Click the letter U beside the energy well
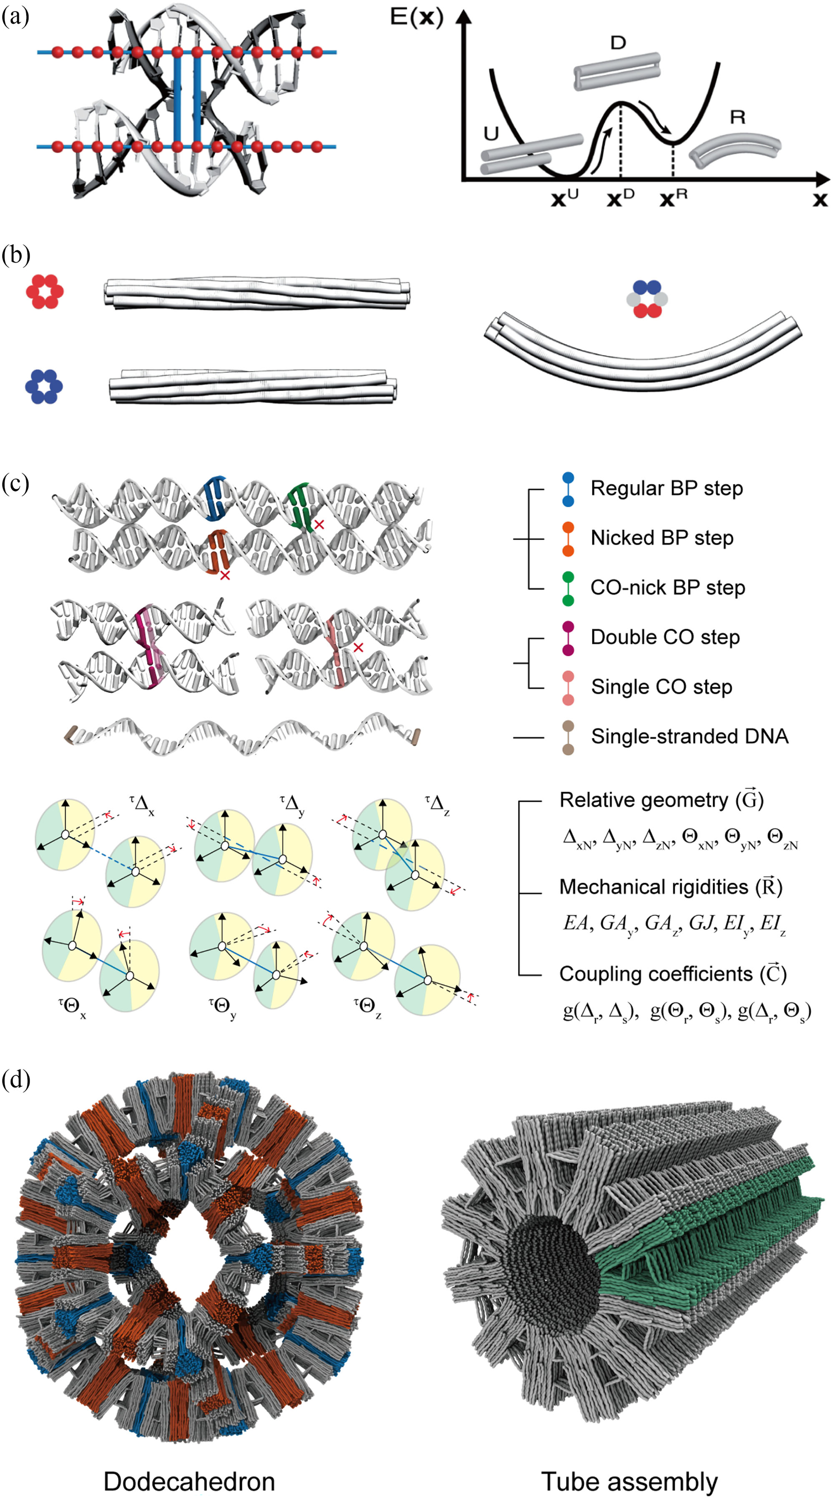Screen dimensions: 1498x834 (x=492, y=134)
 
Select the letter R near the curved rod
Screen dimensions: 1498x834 (x=737, y=117)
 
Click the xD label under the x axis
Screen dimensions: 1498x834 (x=620, y=199)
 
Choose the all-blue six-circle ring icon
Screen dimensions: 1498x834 (x=44, y=386)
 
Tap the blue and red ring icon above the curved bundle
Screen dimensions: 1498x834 (x=647, y=299)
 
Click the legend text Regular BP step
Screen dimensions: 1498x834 (x=666, y=488)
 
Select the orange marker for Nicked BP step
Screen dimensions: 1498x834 (x=568, y=538)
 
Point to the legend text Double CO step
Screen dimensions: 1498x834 (x=665, y=638)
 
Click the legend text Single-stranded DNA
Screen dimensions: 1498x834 (x=689, y=736)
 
